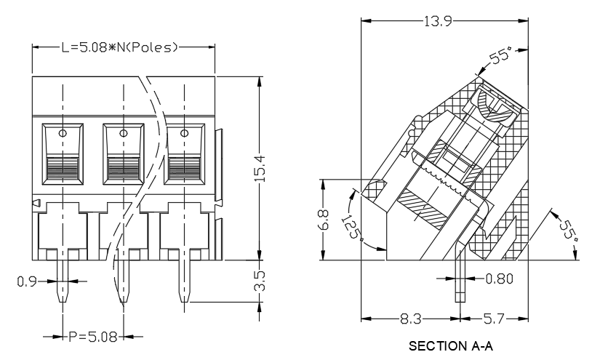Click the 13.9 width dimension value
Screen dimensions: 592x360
[x=438, y=21]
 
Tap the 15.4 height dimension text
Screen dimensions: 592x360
[x=260, y=169]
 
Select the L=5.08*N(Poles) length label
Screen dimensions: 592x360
[x=120, y=47]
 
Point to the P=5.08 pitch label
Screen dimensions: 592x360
[x=93, y=337]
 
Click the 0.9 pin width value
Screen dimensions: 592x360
[x=27, y=281]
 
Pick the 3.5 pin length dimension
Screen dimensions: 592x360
[x=260, y=281]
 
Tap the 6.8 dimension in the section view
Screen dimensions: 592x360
[x=324, y=220]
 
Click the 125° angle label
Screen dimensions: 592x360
[x=351, y=228]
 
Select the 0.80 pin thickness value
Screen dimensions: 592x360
[x=499, y=279]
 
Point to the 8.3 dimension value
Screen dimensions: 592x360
[x=410, y=319]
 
